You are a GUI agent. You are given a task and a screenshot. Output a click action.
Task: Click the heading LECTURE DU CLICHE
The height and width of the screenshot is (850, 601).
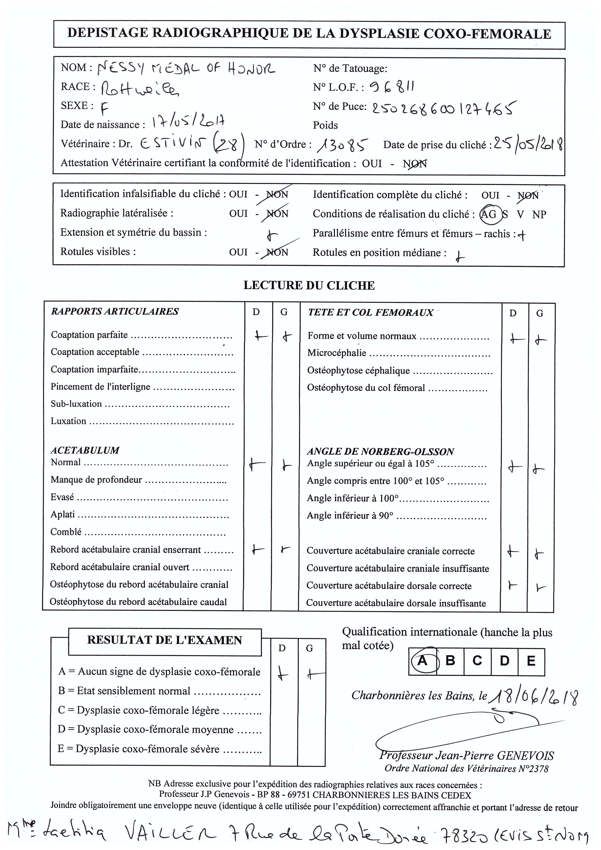[309, 285]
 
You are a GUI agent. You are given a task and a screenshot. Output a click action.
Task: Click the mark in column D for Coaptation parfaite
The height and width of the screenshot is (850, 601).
[261, 336]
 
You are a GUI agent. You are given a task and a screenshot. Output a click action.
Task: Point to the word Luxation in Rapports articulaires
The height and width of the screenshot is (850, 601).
[69, 421]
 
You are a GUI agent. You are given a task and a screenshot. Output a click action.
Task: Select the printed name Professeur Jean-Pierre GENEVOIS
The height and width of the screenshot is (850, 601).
[467, 756]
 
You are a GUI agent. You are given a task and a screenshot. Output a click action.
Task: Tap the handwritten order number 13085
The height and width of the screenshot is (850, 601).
[342, 145]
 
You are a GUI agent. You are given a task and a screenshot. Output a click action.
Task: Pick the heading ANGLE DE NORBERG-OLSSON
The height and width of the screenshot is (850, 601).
[380, 452]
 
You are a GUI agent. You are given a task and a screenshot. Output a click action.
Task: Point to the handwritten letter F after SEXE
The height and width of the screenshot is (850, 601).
[105, 108]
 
